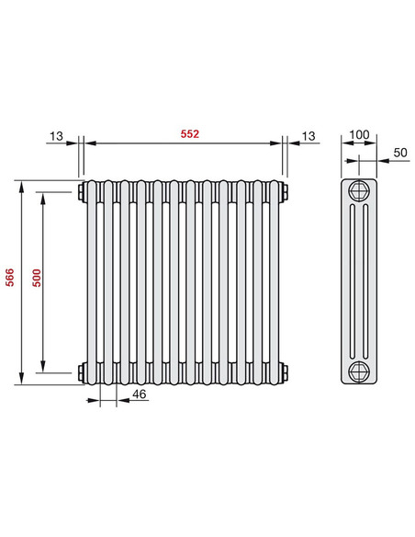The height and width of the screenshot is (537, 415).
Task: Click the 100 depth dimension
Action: tap(360, 135)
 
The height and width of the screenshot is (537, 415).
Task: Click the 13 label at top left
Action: tap(57, 136)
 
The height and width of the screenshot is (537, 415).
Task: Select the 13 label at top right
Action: tap(308, 136)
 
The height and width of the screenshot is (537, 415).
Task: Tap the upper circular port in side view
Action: tap(360, 192)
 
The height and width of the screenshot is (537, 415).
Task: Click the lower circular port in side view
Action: tap(360, 371)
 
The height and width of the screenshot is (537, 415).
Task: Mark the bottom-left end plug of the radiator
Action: tap(83, 371)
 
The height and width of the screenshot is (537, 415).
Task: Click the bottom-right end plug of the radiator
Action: tap(286, 371)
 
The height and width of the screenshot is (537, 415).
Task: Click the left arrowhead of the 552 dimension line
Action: tap(90, 143)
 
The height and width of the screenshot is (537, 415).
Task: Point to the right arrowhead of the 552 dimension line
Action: tap(279, 143)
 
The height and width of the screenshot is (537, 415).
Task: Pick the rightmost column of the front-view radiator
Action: tap(274, 281)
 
